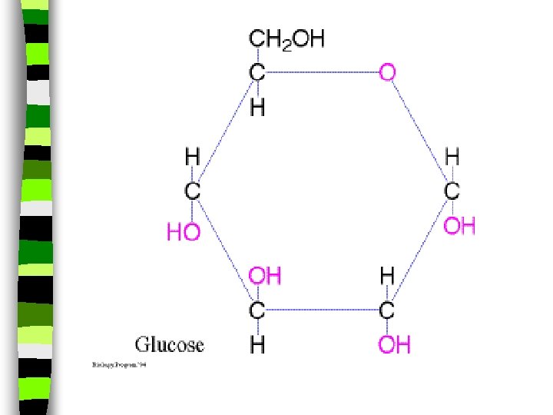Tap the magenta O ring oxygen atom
pos(388,73)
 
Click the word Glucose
pos(170,344)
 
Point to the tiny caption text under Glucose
pos(119,364)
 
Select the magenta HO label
pos(184,232)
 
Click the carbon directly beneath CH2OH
pos(258,73)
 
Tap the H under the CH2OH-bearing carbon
pos(258,108)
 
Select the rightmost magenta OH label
pos(459,226)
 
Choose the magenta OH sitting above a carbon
pos(263,276)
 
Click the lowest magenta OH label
pos(394,345)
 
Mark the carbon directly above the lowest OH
pos(388,310)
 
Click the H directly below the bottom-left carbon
pos(258,345)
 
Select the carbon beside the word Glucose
pos(258,310)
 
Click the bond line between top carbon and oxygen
pos(323,73)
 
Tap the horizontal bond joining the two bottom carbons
pos(323,310)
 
